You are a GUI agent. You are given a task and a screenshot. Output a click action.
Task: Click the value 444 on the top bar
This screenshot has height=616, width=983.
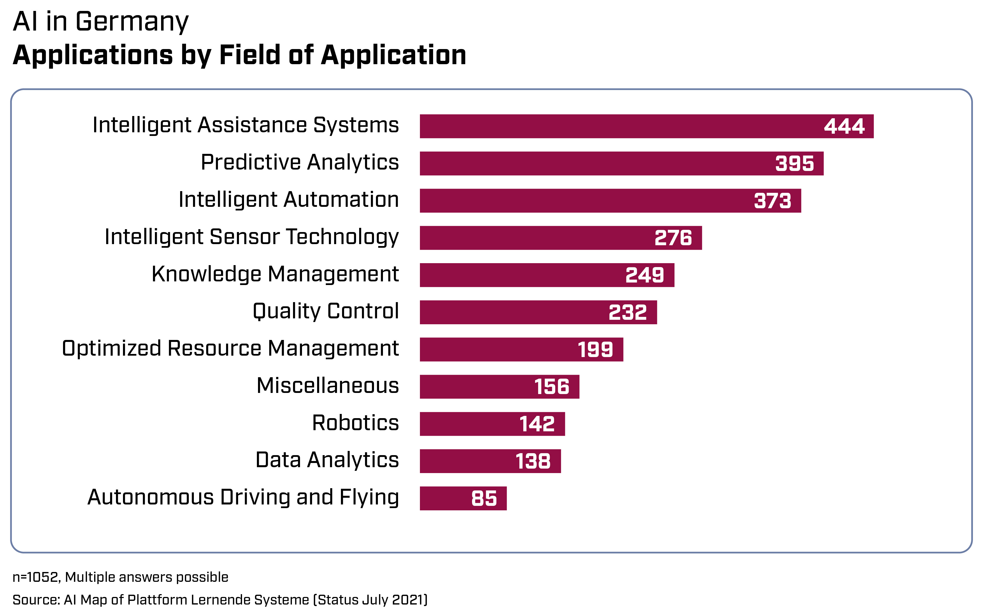844,126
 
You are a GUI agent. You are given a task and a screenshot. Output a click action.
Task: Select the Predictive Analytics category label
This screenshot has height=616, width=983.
300,162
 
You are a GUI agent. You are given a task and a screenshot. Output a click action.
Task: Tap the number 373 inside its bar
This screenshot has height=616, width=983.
772,201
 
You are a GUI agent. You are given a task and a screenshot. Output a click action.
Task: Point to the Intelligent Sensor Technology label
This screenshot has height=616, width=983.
252,237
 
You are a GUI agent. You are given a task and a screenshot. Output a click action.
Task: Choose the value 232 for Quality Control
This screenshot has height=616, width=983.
627,312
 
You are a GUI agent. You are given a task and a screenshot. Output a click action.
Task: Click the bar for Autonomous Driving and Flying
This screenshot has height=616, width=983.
444,498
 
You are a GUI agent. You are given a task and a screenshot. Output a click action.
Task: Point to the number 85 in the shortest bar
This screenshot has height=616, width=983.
484,498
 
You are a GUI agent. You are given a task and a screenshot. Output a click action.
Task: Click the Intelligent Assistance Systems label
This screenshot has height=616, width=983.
246,125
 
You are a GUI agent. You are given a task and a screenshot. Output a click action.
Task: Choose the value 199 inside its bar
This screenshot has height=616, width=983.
595,349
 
